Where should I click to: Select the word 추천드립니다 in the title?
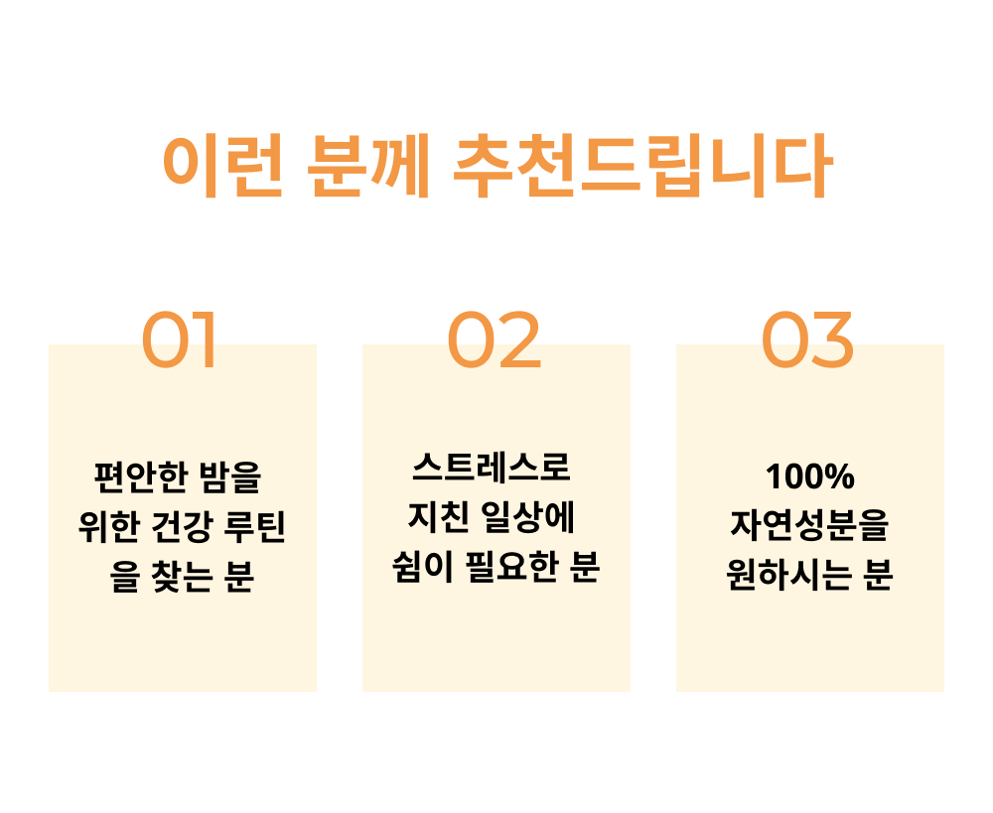639,167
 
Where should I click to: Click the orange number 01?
180,340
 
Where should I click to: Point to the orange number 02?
495,340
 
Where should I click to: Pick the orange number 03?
807,340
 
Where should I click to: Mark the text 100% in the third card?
809,477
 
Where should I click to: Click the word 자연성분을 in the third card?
809,526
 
